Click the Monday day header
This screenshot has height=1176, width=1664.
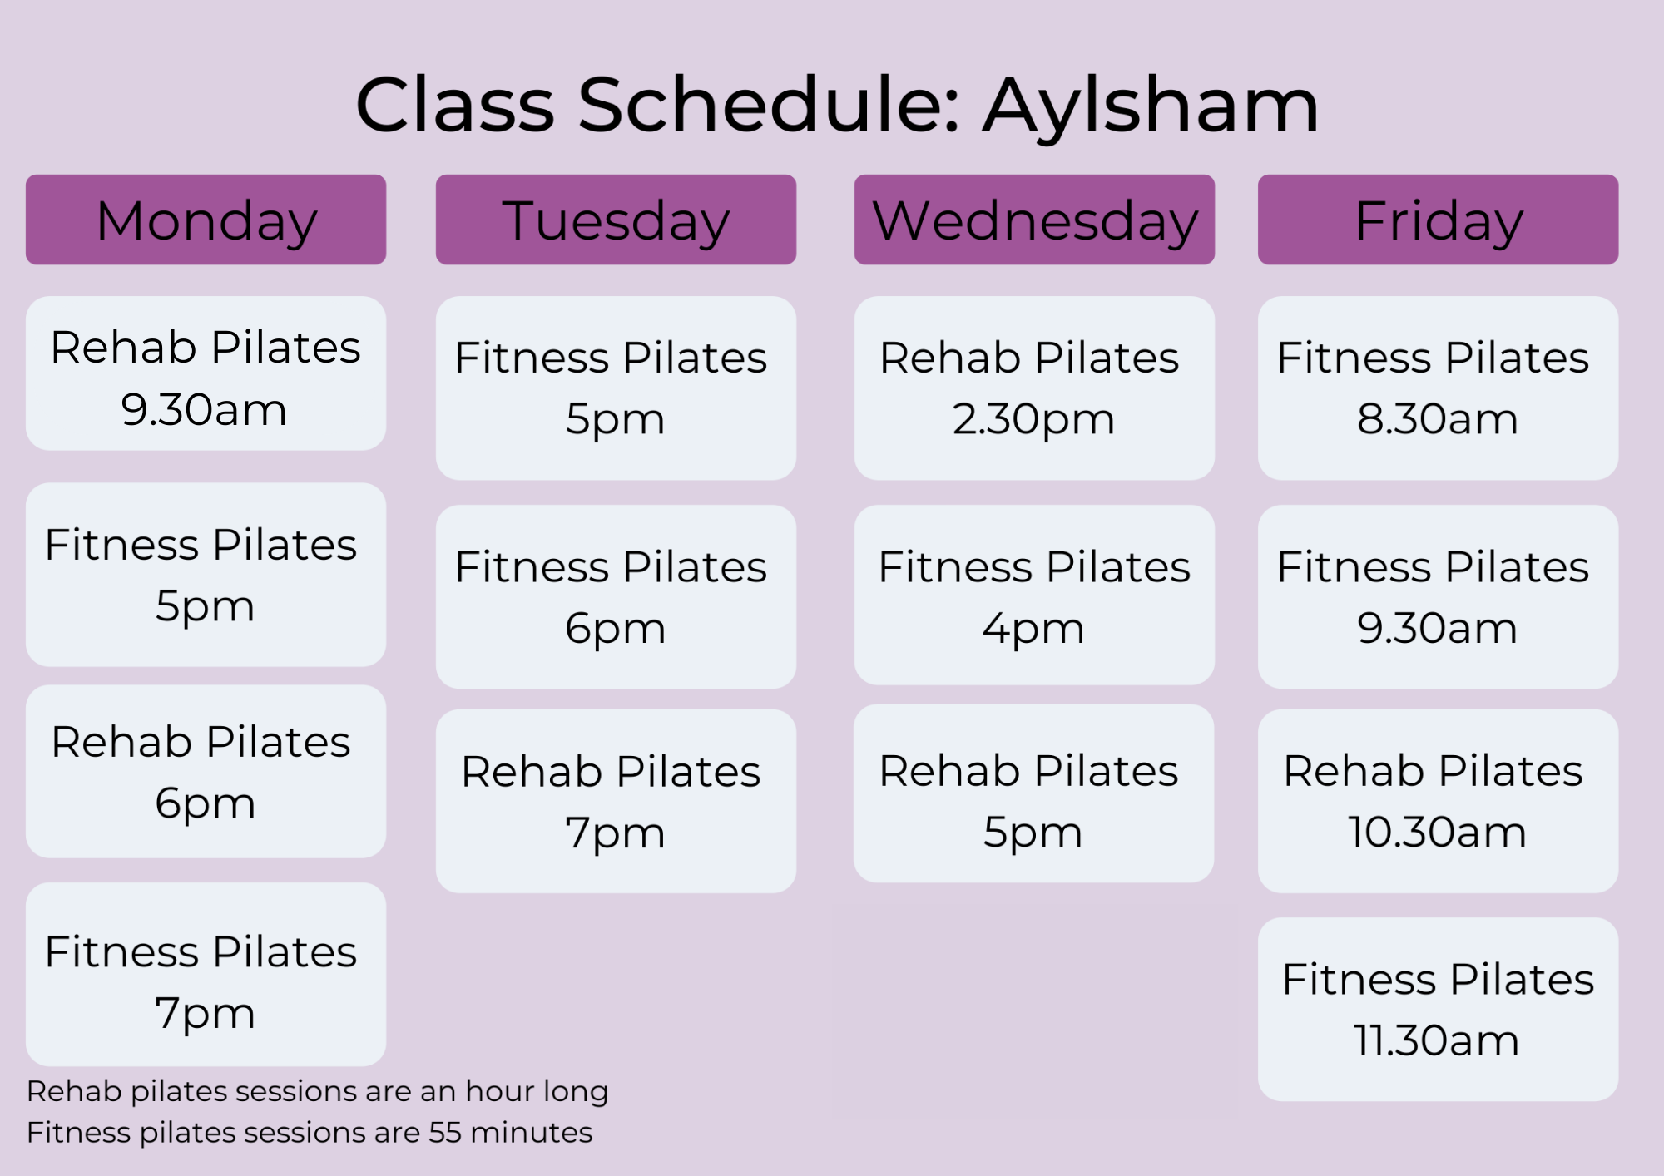tap(206, 220)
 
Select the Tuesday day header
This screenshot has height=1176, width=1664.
tap(616, 220)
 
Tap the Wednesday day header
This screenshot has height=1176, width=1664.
tap(1034, 220)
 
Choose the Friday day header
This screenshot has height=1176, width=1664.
tap(1438, 220)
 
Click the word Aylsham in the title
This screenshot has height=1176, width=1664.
tap(1151, 106)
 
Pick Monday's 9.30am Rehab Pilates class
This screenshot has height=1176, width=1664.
tap(206, 373)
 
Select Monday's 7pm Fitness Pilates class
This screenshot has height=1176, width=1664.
tap(206, 974)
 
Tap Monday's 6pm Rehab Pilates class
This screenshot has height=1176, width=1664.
tap(206, 771)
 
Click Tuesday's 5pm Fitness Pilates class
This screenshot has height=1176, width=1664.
tap(616, 388)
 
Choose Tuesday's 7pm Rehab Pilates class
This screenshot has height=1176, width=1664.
tap(616, 801)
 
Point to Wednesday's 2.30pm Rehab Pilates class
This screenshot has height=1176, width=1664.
tap(1034, 388)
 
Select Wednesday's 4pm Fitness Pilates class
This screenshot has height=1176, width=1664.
tap(1034, 595)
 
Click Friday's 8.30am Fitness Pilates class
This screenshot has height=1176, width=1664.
tap(1438, 388)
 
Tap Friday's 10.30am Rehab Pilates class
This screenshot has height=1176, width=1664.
tap(1438, 801)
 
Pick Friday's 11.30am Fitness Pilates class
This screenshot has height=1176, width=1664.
tap(1438, 1009)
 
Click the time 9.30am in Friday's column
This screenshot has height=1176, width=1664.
tap(1437, 628)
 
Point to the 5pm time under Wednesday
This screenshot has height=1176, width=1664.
tap(1033, 833)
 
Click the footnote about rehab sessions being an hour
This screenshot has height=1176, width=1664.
tap(317, 1091)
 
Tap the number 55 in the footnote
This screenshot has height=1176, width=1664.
tap(445, 1133)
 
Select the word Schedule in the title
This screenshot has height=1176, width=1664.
tap(770, 106)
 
